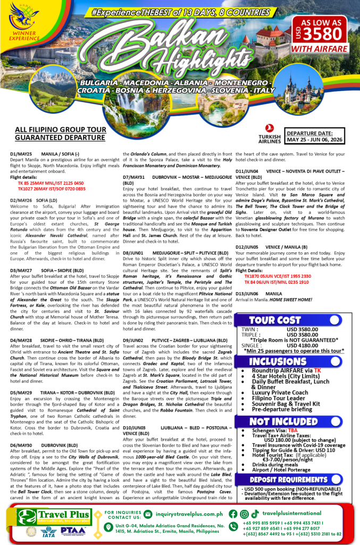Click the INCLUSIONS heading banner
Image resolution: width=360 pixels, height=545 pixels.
[x=276, y=362]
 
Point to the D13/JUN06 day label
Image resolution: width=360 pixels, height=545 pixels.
[x=247, y=293]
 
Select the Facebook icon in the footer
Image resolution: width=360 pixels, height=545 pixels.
[x=232, y=514]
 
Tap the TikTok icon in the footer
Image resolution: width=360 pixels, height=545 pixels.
[x=255, y=514]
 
